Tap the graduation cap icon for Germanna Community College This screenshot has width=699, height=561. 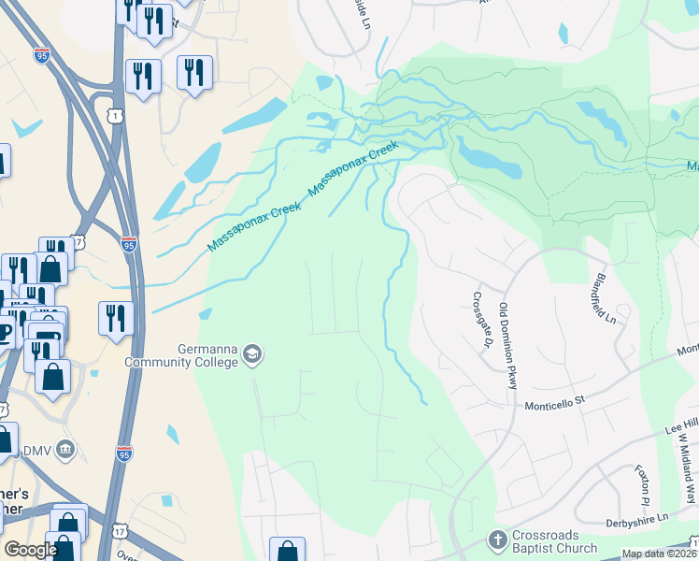tap(251, 354)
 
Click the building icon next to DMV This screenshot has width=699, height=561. tap(64, 450)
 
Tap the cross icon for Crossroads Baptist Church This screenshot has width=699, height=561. tap(497, 539)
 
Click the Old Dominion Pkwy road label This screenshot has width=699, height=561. tap(508, 346)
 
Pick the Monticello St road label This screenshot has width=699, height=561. tap(553, 399)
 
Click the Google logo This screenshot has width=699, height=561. tap(30, 550)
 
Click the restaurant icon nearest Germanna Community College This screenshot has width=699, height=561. tap(116, 317)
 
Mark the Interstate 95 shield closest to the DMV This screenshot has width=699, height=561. tap(124, 453)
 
